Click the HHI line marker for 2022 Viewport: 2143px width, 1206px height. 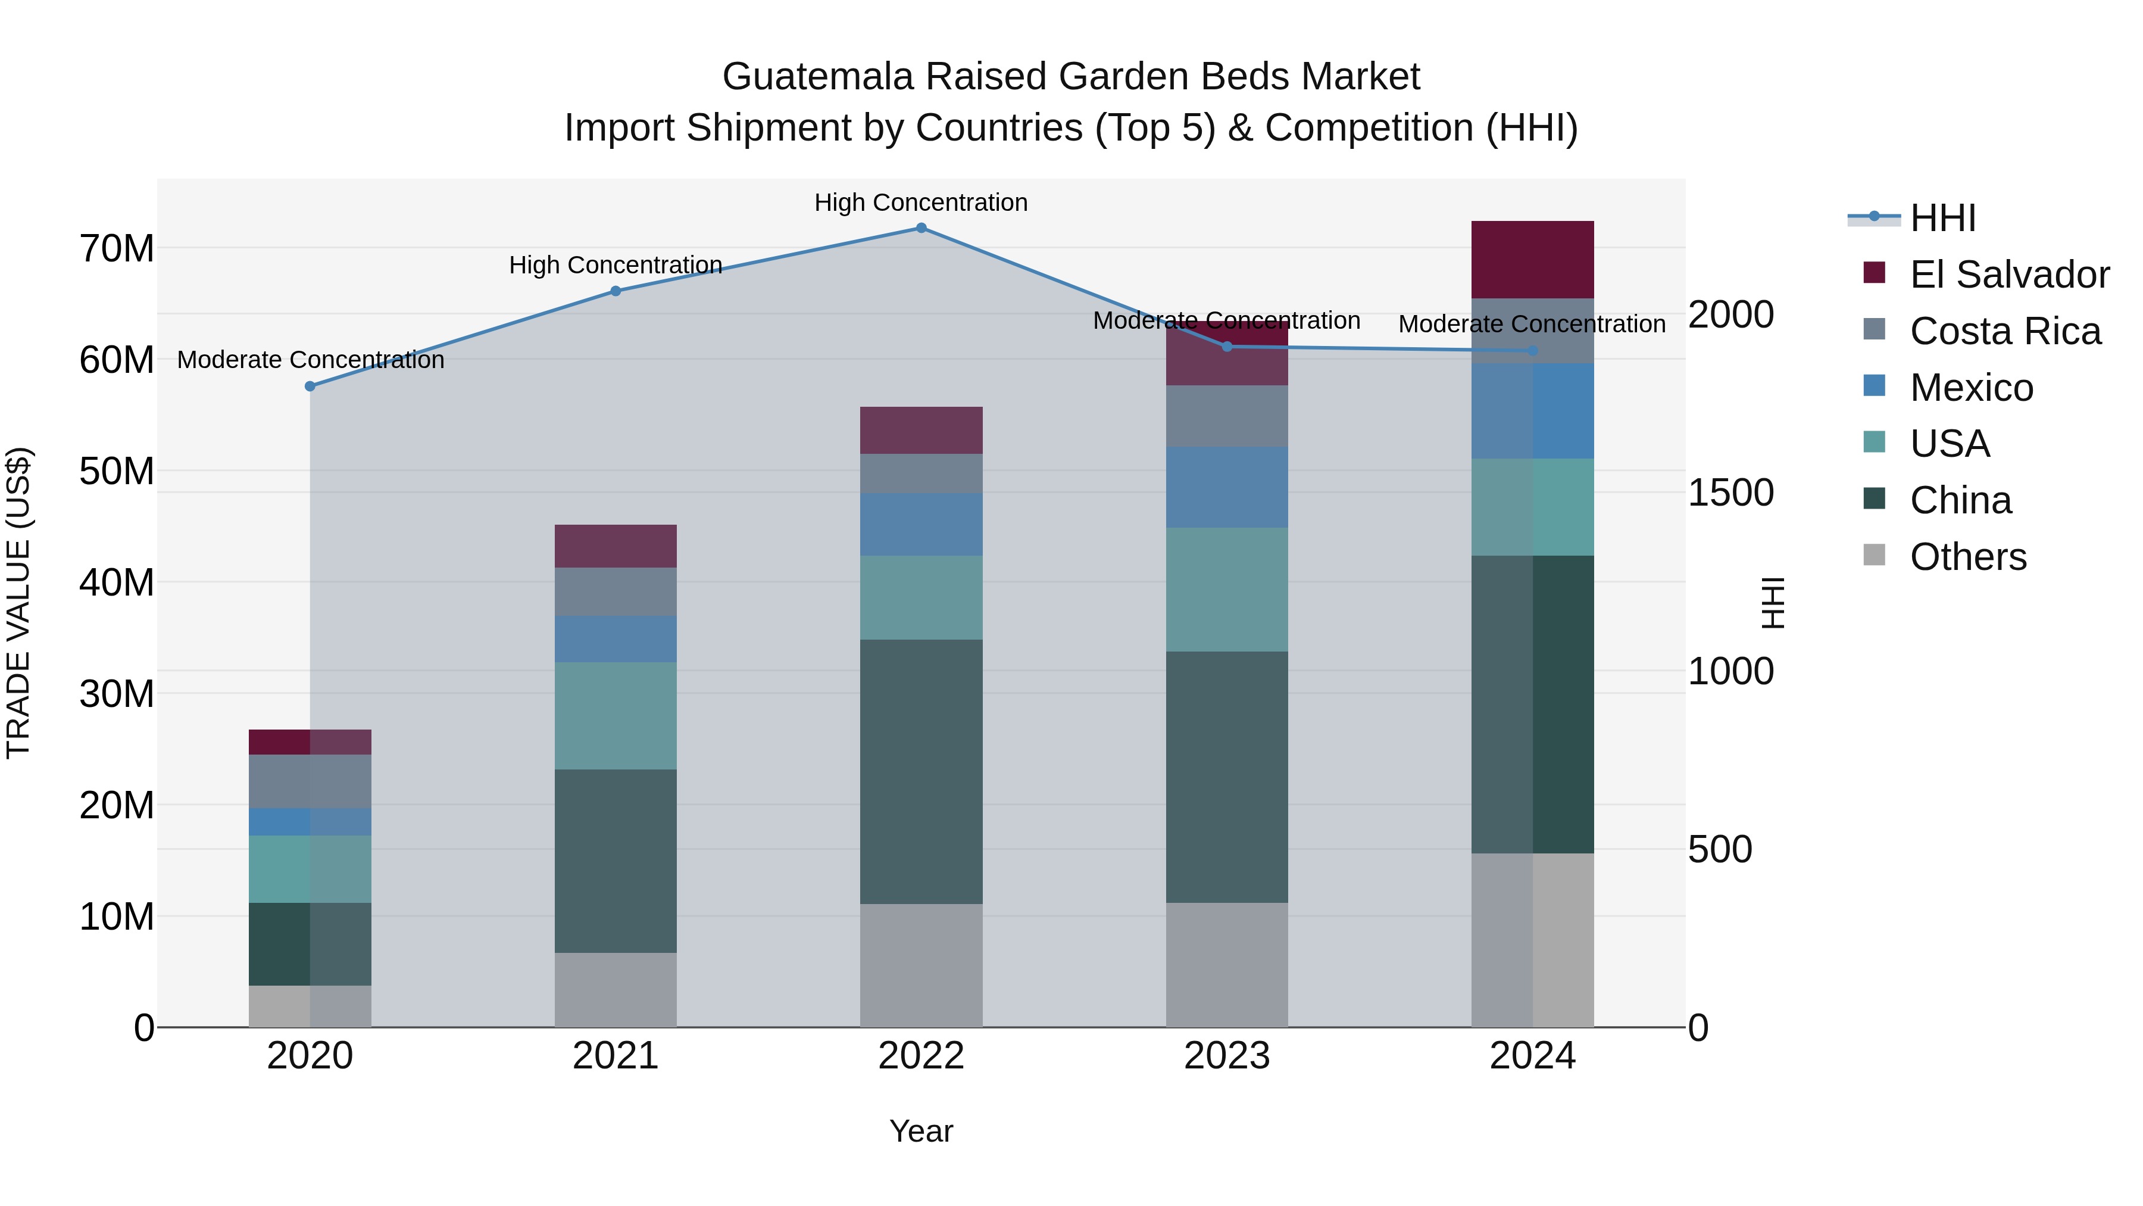pyautogui.click(x=921, y=228)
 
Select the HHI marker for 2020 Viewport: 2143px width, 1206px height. pyautogui.click(x=310, y=386)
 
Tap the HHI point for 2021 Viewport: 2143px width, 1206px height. pyautogui.click(x=616, y=291)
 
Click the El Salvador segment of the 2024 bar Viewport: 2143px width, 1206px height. pyautogui.click(x=1532, y=260)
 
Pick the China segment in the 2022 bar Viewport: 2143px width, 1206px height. pyautogui.click(x=921, y=771)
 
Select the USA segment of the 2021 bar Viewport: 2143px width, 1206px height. pyautogui.click(x=616, y=716)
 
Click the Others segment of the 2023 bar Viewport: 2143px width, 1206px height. pyautogui.click(x=1227, y=965)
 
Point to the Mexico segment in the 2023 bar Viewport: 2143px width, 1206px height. pyautogui.click(x=1227, y=487)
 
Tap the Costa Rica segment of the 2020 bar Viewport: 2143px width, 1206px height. pyautogui.click(x=310, y=781)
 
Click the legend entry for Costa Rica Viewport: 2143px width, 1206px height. pyautogui.click(x=2005, y=331)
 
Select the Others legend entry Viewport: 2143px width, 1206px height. pyautogui.click(x=1967, y=557)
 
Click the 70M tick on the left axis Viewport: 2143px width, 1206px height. pyautogui.click(x=117, y=249)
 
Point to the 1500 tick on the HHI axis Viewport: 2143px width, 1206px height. pyautogui.click(x=1730, y=493)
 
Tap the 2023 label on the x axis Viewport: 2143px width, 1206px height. pyautogui.click(x=1227, y=1056)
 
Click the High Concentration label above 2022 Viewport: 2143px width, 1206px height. pyautogui.click(x=921, y=203)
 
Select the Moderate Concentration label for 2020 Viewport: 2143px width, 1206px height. pyautogui.click(x=310, y=360)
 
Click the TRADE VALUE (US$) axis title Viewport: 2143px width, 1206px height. pyautogui.click(x=18, y=603)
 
